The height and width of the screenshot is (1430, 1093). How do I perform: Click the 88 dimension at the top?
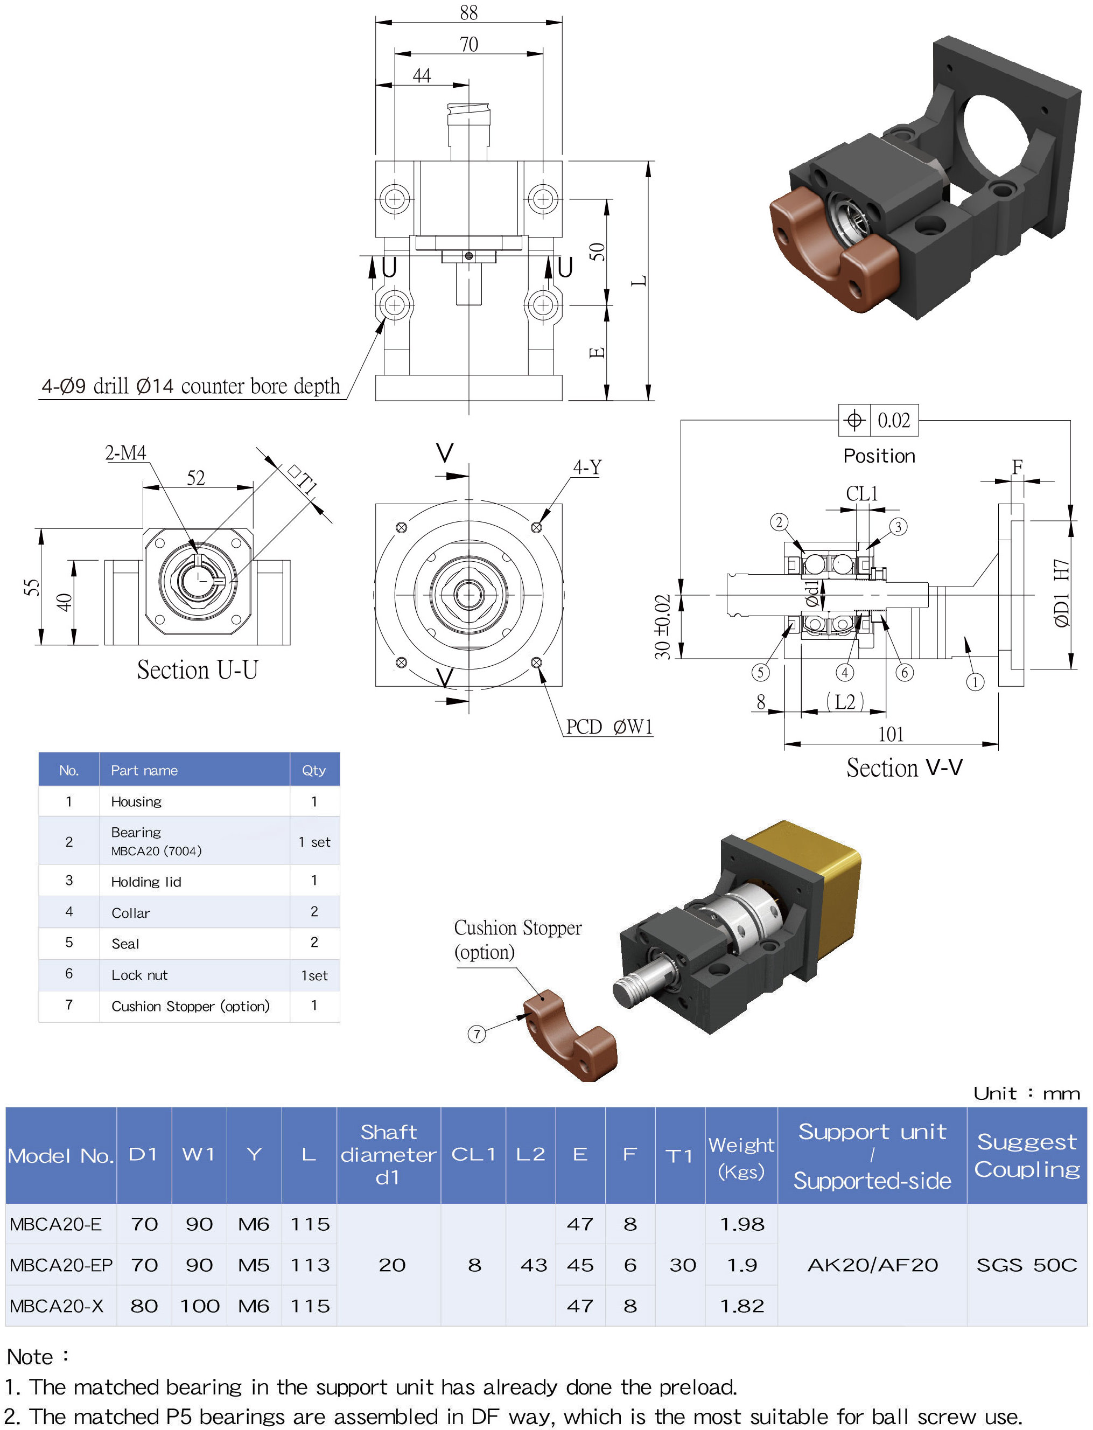pyautogui.click(x=468, y=12)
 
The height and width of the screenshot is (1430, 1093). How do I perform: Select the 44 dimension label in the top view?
pyautogui.click(x=422, y=75)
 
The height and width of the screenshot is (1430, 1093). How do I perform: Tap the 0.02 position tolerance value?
pyautogui.click(x=893, y=421)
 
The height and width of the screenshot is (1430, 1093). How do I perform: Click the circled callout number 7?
pyautogui.click(x=477, y=1034)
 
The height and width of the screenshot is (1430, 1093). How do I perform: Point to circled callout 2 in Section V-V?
pyautogui.click(x=779, y=522)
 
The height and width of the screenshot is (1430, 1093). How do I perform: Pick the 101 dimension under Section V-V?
pyautogui.click(x=891, y=734)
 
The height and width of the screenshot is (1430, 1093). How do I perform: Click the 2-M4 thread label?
pyautogui.click(x=125, y=452)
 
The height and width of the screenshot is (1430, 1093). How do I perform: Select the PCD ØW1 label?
pyautogui.click(x=609, y=727)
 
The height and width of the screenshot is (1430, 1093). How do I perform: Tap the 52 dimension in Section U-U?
pyautogui.click(x=196, y=478)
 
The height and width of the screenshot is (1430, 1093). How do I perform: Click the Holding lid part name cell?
pyautogui.click(x=146, y=881)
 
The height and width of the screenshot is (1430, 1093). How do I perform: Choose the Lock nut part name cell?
pyautogui.click(x=139, y=974)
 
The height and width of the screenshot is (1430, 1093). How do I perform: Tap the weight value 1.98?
pyautogui.click(x=742, y=1224)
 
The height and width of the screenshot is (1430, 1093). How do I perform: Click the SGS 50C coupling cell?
pyautogui.click(x=1026, y=1264)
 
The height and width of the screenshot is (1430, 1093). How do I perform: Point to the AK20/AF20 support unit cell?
pyautogui.click(x=872, y=1264)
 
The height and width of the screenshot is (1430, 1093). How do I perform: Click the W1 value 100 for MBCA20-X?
pyautogui.click(x=199, y=1305)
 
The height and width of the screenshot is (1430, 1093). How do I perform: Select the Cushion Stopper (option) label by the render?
pyautogui.click(x=517, y=939)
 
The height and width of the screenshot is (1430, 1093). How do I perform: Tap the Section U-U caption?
pyautogui.click(x=197, y=670)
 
